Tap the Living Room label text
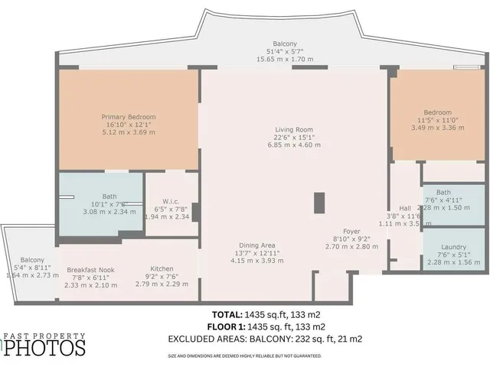pyautogui.click(x=295, y=129)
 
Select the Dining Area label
pyautogui.click(x=256, y=245)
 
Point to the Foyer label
pyautogui.click(x=351, y=230)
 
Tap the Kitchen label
pyautogui.click(x=161, y=270)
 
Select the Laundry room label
pyautogui.click(x=454, y=247)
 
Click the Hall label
pyautogui.click(x=405, y=208)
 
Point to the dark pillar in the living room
pyautogui.click(x=320, y=202)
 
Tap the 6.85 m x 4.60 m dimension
pyautogui.click(x=295, y=145)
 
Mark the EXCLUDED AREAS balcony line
pyautogui.click(x=265, y=339)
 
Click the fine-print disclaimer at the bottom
pyautogui.click(x=245, y=356)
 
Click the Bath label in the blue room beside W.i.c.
pyautogui.click(x=99, y=196)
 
